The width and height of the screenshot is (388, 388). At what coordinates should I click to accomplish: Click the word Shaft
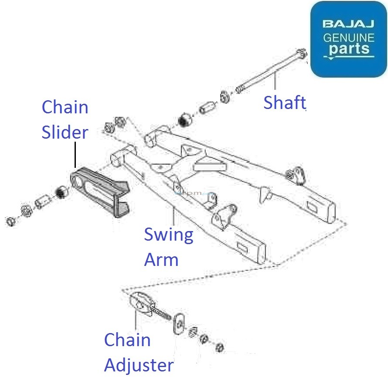click(284, 102)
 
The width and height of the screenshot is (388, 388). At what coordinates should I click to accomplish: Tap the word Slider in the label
click(65, 133)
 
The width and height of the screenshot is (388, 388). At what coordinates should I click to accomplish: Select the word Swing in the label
click(168, 235)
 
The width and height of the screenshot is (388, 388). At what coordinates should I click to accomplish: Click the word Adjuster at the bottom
click(139, 365)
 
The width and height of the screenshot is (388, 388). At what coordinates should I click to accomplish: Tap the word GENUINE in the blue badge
click(348, 37)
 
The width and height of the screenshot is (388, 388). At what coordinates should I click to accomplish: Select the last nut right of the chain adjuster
click(220, 347)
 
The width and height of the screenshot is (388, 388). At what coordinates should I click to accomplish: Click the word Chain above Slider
click(65, 107)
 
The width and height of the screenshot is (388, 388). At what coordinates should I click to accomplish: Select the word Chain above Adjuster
click(127, 340)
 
